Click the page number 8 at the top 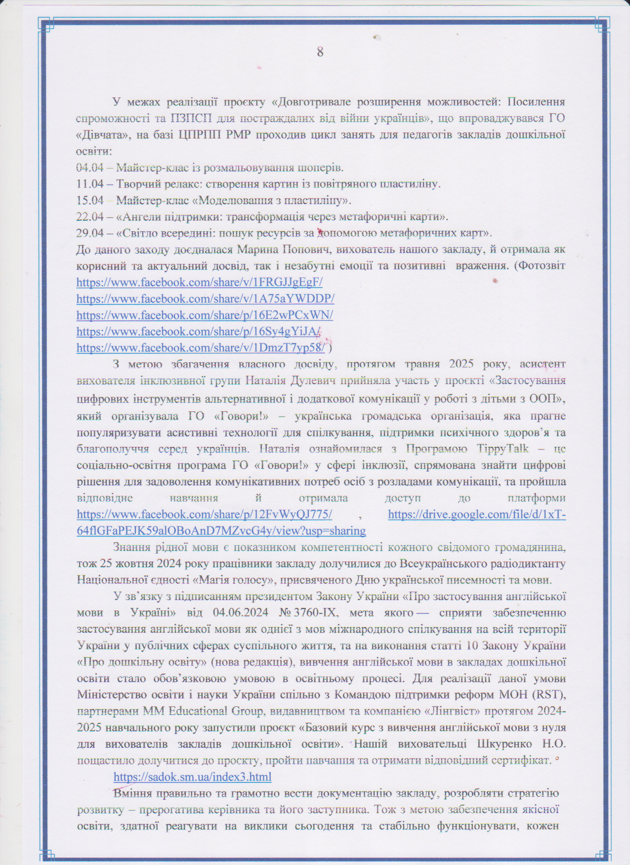(320, 52)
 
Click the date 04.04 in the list (90, 168)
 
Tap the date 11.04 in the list (90, 184)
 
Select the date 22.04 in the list (90, 217)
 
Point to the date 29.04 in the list (90, 233)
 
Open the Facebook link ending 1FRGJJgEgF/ (200, 283)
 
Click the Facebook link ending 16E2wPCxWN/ (205, 315)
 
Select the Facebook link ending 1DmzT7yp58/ (201, 348)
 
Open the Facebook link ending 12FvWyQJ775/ (204, 515)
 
